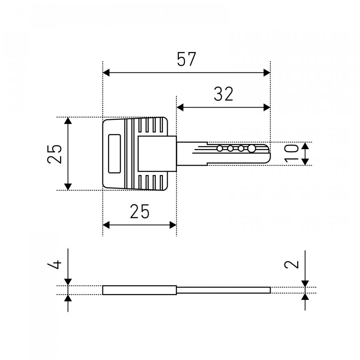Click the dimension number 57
[186, 59]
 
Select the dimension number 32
[223, 94]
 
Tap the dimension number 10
[291, 153]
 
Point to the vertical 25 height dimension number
[55, 154]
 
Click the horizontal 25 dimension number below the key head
[140, 211]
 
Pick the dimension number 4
[55, 264]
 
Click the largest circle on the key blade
[252, 148]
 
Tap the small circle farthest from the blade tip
[220, 148]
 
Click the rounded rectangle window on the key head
[114, 154]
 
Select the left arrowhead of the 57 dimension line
[106, 73]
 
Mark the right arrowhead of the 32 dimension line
[267, 107]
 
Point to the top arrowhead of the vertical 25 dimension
[68, 120]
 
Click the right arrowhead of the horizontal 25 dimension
[173, 225]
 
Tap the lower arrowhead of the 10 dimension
[305, 162]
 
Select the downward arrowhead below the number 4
[68, 282]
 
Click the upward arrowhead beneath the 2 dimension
[305, 297]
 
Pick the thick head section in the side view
[140, 290]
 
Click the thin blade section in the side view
[223, 290]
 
